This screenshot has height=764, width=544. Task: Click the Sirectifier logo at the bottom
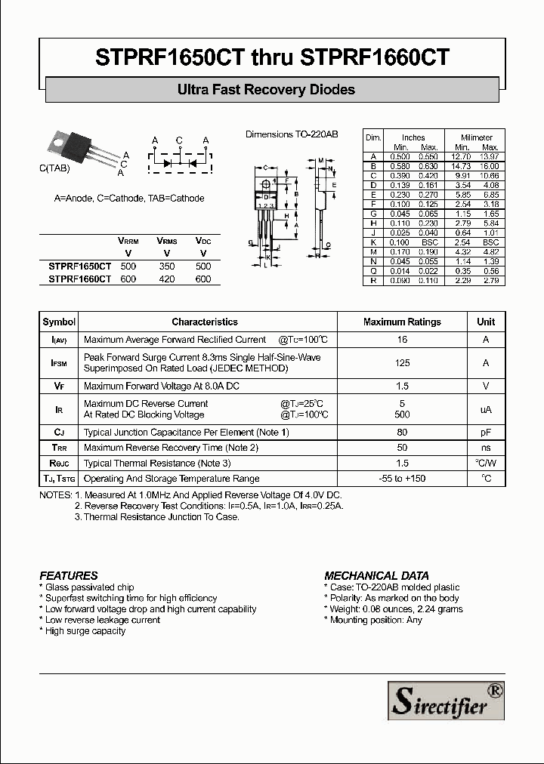pos(445,699)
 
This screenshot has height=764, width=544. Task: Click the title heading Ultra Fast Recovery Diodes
pos(266,90)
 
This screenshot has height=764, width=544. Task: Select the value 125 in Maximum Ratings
pos(402,363)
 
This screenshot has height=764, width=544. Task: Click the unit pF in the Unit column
pos(486,433)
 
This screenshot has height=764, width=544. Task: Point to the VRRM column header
pos(128,240)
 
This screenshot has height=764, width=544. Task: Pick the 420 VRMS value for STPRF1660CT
pos(167,279)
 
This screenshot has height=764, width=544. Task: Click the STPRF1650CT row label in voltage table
pos(79,266)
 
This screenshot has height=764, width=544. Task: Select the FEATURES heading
pos(69,575)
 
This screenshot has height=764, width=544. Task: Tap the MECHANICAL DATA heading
pos(376,575)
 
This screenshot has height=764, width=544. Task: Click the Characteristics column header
pos(205,322)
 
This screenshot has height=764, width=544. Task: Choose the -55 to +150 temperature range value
pos(402,479)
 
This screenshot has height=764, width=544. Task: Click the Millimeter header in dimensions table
pos(476,137)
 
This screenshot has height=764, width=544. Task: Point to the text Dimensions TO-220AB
pos(292,134)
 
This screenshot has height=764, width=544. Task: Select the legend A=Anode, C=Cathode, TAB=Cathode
pos(129,199)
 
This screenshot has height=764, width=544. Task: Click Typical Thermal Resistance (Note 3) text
pos(157,464)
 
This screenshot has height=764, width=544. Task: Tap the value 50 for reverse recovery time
pos(402,448)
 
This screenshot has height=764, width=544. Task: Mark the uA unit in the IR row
pos(486,409)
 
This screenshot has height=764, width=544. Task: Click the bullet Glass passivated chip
pos(87,587)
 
